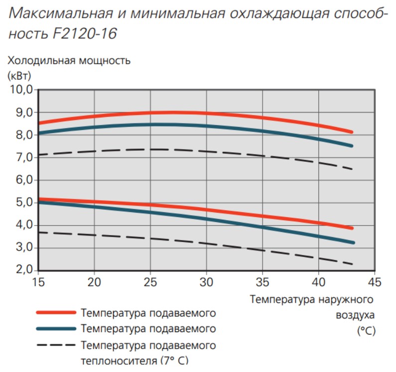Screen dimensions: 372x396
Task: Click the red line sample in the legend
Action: [56, 313]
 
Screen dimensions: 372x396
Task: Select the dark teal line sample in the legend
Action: [56, 329]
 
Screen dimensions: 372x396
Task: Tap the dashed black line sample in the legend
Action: [56, 345]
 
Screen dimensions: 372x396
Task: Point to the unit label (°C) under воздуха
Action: [366, 330]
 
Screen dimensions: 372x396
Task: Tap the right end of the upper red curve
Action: [352, 132]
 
